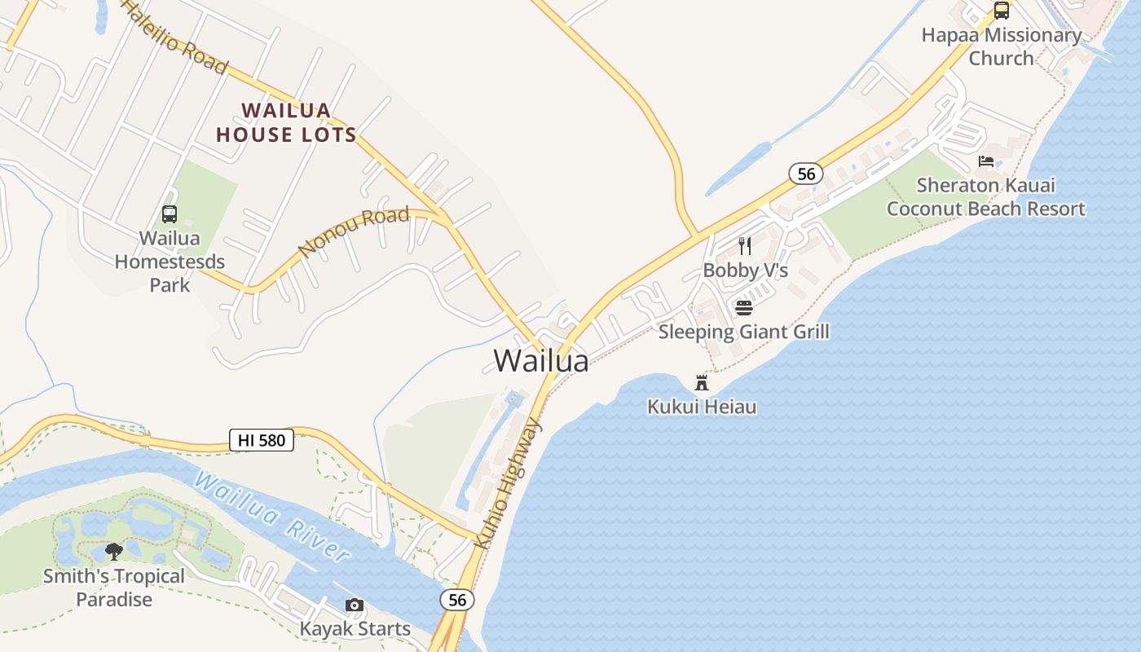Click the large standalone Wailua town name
(541, 360)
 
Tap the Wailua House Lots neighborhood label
(286, 122)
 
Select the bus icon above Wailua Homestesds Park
(170, 214)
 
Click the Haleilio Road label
(175, 37)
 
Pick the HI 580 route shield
(261, 441)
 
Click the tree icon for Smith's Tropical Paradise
(114, 552)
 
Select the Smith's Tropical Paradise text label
(114, 588)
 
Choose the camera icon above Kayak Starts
(354, 605)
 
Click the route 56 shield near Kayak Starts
(457, 600)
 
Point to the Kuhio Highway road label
(507, 482)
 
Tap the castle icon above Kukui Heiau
(702, 382)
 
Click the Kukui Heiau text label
(702, 406)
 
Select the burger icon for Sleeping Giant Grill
(743, 308)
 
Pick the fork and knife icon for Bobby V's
(744, 245)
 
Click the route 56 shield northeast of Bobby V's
(805, 173)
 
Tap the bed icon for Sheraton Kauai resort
(986, 161)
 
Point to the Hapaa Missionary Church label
(1001, 46)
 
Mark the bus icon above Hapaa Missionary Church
(1002, 11)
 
